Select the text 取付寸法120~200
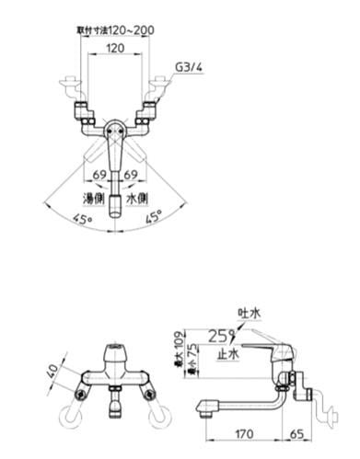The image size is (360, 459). click(x=115, y=29)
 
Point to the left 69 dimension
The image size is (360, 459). click(x=99, y=175)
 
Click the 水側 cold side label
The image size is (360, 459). click(x=136, y=197)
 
